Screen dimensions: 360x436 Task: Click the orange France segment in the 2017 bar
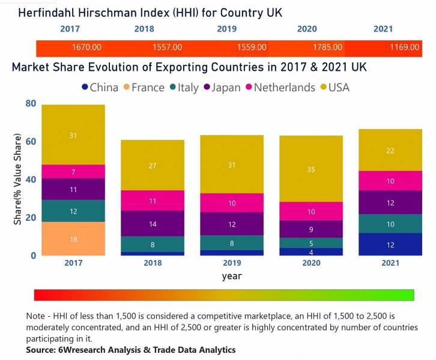coord(73,239)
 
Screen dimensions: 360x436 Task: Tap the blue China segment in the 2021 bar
coord(390,244)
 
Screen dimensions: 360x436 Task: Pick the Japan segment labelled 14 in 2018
coord(153,223)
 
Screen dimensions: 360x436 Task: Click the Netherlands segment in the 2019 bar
coord(232,203)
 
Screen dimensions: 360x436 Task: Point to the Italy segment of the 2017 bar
coord(73,211)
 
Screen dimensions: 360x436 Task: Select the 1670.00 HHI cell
coord(86,47)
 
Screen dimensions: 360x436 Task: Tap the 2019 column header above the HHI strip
coord(227,28)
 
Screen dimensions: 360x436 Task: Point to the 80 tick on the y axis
coord(30,104)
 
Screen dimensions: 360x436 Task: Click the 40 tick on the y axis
coord(30,179)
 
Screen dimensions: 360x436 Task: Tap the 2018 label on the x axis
coord(153,262)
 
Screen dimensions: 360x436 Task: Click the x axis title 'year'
coord(232,277)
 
